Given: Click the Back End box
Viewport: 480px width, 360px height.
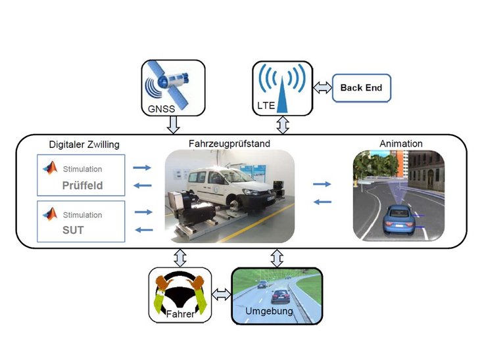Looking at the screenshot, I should (360, 88).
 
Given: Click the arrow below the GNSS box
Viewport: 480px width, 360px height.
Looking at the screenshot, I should (174, 124).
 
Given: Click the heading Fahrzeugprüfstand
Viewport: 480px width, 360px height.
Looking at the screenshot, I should (228, 143).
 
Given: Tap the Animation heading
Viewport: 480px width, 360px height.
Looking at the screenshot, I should (401, 143).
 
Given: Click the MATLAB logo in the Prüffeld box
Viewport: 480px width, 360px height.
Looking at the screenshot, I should (49, 168).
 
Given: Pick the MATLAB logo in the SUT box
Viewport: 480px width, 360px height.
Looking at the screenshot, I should (49, 214).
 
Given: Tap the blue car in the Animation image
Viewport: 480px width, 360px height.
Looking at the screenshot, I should (399, 219).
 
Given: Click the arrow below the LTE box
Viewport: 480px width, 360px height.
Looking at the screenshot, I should (283, 123).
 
